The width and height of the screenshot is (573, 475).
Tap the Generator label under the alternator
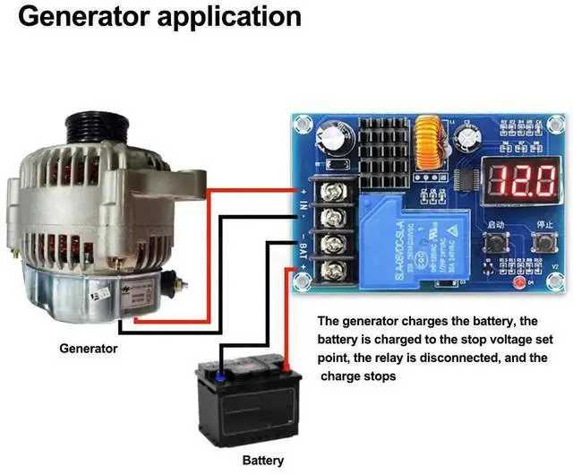click(88, 348)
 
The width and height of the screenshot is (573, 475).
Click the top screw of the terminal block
click(339, 190)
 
